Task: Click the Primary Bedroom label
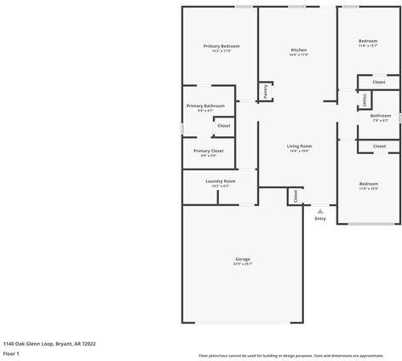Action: pos(221,45)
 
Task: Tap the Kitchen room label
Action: pos(299,50)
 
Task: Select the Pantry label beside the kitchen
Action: pos(266,91)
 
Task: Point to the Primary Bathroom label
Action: pos(205,106)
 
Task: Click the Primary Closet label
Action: pos(209,151)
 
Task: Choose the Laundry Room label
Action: pos(221,180)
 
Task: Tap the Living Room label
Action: pos(299,146)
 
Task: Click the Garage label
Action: pos(243,259)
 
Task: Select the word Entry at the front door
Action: pos(320,219)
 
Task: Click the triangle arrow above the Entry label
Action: pos(320,210)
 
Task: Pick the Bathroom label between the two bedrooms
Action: pos(380,115)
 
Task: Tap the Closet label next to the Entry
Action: pos(294,195)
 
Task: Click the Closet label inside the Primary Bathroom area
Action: pos(223,125)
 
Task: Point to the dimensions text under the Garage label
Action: pos(243,264)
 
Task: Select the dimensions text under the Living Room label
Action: pos(299,151)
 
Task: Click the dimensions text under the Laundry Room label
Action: pos(221,186)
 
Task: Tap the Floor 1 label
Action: pos(12,352)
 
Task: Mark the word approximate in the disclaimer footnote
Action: pos(371,354)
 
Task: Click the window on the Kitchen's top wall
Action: pos(298,7)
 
